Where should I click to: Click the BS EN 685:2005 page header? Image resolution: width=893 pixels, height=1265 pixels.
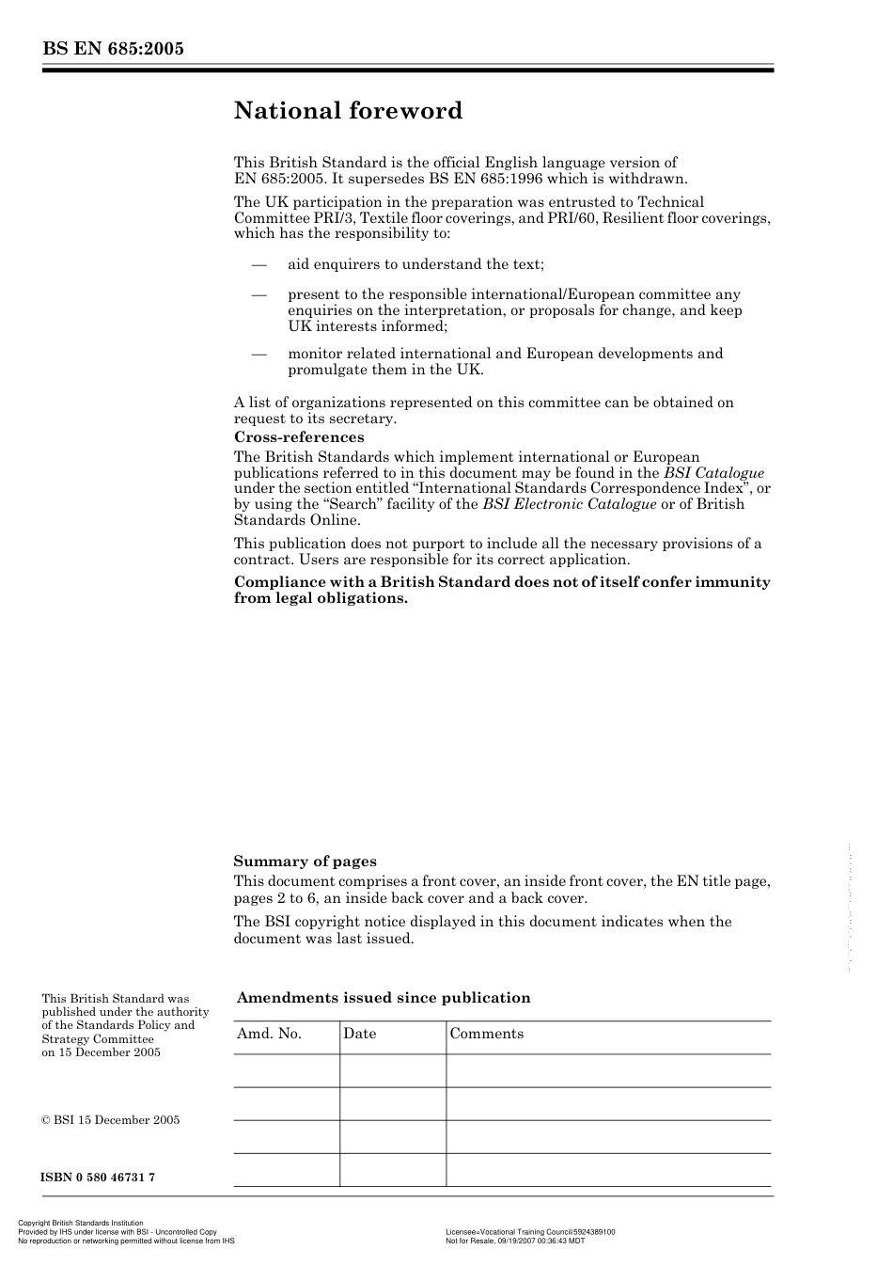point(112,49)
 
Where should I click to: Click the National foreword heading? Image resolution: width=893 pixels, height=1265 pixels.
point(348,111)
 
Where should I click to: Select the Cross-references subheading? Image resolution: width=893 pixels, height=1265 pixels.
point(298,437)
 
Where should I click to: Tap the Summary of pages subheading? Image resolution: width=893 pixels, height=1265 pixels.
point(305,862)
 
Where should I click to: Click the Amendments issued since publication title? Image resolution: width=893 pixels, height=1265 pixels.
point(384,998)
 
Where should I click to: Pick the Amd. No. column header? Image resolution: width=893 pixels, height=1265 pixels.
point(269,1034)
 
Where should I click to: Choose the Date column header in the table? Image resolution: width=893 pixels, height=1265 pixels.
point(359,1034)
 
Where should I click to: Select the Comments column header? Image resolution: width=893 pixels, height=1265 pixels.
point(486,1034)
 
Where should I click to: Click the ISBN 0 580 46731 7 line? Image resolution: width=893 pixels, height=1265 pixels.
point(98,1178)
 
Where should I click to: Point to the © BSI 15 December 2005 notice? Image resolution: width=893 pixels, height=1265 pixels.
point(110,1120)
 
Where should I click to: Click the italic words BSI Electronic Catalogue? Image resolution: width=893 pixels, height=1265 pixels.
point(569,504)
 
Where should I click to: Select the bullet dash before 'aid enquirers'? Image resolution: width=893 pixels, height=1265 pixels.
point(259,265)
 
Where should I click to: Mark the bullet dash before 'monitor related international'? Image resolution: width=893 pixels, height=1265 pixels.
point(259,355)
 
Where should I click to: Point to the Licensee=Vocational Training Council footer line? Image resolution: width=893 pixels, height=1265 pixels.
point(529,1231)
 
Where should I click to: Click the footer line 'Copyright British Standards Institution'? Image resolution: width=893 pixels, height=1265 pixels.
point(81,1224)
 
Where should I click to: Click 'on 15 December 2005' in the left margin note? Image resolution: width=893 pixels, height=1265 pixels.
point(101,1052)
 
